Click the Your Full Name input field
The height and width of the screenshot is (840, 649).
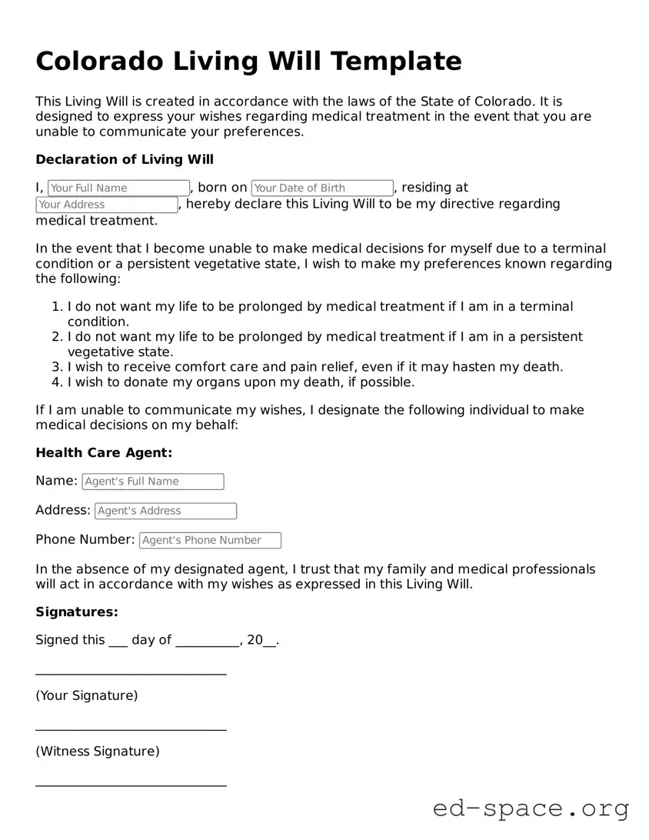tap(118, 188)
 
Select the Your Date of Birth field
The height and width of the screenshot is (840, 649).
tap(322, 188)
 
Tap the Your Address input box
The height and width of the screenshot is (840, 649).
tap(106, 205)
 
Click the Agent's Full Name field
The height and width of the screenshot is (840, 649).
tap(152, 482)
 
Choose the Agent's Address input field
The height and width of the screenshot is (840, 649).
tap(165, 511)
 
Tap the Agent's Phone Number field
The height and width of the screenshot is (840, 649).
tap(210, 540)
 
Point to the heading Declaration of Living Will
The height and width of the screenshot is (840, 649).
tap(125, 159)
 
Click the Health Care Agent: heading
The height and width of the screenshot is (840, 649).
tap(104, 453)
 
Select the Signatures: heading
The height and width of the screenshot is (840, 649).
tap(77, 612)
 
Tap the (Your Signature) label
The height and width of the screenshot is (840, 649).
tap(87, 695)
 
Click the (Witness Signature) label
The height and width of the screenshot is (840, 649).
tap(98, 751)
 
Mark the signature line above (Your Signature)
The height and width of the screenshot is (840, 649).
tap(131, 674)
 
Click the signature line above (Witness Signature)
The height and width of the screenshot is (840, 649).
tap(131, 729)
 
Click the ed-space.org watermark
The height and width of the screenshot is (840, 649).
tap(531, 808)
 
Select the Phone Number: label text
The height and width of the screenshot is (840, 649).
tap(85, 539)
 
